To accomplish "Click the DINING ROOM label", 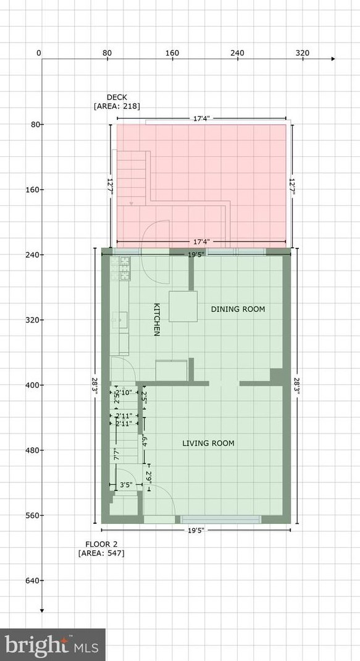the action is coord(238,309).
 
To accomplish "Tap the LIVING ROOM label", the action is coord(208,443).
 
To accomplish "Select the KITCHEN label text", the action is coord(156,319).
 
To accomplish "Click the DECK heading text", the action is coord(117,98).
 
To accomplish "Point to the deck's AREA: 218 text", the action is coord(117,106).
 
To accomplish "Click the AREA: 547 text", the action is coord(101,553).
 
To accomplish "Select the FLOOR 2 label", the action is coord(101,544).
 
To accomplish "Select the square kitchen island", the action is coord(183,306).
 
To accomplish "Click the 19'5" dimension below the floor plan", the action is coord(196,530).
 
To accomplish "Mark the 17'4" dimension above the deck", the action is coord(201,119).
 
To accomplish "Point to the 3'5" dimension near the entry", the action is coord(126,485).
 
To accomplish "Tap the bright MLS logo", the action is coord(52,644).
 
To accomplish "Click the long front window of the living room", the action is coord(220,520).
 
